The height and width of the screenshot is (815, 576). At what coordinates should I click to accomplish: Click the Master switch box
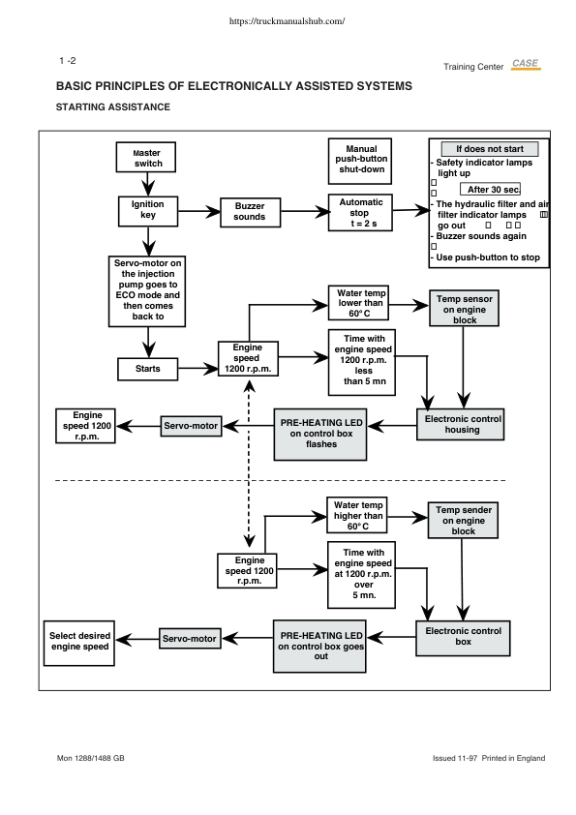click(146, 158)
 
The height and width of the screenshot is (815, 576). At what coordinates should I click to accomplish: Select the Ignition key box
click(148, 211)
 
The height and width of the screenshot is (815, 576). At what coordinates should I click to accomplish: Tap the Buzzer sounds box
click(250, 212)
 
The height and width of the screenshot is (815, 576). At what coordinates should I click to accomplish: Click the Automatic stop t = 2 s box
click(360, 213)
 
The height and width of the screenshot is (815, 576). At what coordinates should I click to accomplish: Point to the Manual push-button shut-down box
click(360, 161)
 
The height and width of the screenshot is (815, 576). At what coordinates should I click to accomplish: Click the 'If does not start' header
click(490, 149)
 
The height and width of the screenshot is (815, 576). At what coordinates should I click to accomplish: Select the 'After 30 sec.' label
click(490, 189)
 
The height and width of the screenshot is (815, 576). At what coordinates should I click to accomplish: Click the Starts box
click(148, 369)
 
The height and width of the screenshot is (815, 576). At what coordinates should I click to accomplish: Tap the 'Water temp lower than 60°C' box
click(359, 303)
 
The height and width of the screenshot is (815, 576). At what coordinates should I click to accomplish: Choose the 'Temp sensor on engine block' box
click(465, 308)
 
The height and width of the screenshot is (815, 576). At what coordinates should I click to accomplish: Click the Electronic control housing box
click(461, 425)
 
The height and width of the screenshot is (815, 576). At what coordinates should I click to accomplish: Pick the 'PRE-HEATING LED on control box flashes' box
click(320, 435)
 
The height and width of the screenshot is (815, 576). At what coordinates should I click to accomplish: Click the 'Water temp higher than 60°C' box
click(357, 515)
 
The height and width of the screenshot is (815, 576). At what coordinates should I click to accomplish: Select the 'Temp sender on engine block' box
click(463, 521)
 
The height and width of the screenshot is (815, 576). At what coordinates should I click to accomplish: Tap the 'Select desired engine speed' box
click(79, 643)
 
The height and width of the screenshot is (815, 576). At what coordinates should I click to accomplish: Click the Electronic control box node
click(463, 638)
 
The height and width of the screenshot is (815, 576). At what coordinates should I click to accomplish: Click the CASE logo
click(526, 64)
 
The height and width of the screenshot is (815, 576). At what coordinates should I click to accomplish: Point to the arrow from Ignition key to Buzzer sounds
click(199, 212)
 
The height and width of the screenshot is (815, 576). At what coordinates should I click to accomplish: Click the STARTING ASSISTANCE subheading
click(113, 107)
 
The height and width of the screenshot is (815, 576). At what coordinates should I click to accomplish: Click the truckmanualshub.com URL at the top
click(287, 21)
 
